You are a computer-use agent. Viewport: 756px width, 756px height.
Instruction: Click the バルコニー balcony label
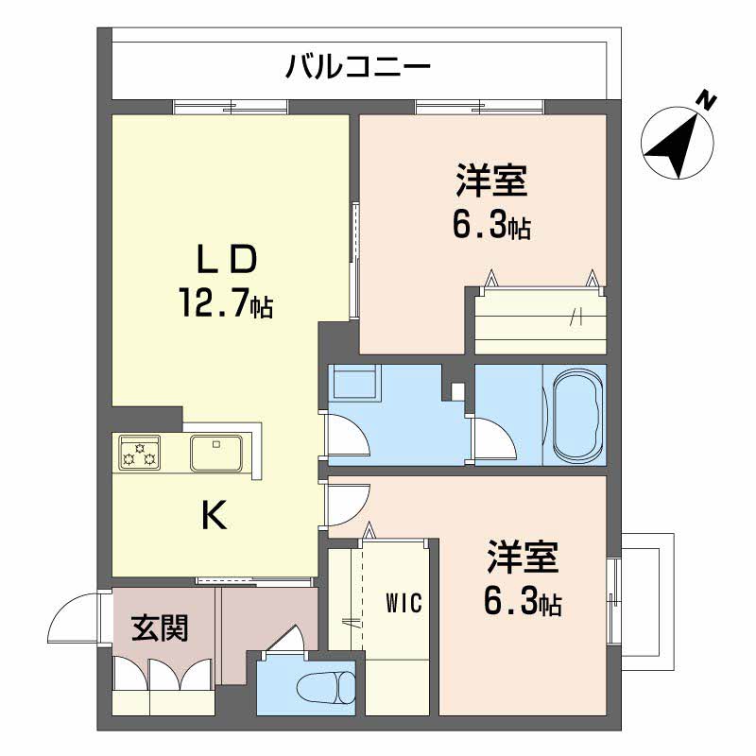[358, 67]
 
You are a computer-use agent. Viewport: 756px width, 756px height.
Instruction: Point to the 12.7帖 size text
[226, 304]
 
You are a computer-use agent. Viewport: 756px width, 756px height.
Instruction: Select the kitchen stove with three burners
[139, 453]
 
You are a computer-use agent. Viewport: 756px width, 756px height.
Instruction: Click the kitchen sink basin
[216, 453]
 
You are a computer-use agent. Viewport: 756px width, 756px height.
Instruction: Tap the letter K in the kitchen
[215, 516]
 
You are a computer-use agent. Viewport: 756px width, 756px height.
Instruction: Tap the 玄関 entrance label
[159, 626]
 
